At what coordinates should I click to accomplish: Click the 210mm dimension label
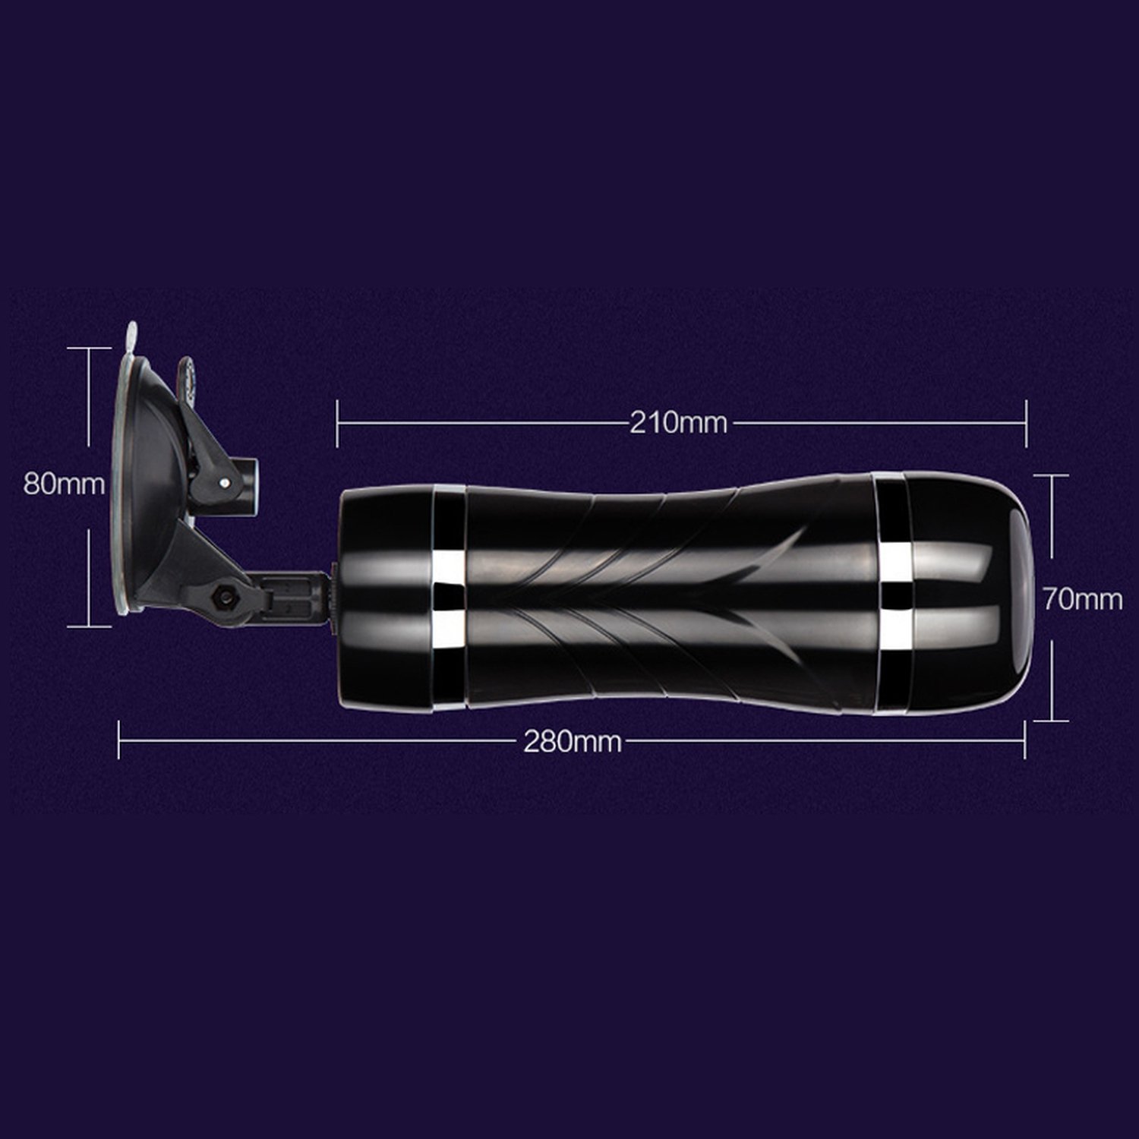click(678, 422)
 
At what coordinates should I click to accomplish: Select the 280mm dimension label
click(573, 740)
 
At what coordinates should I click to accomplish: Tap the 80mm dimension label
click(64, 484)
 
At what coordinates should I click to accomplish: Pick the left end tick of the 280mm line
click(119, 740)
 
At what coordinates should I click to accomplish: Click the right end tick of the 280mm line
click(1025, 740)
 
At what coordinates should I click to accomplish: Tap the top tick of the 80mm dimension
click(89, 348)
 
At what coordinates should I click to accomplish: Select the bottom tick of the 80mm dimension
click(89, 626)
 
